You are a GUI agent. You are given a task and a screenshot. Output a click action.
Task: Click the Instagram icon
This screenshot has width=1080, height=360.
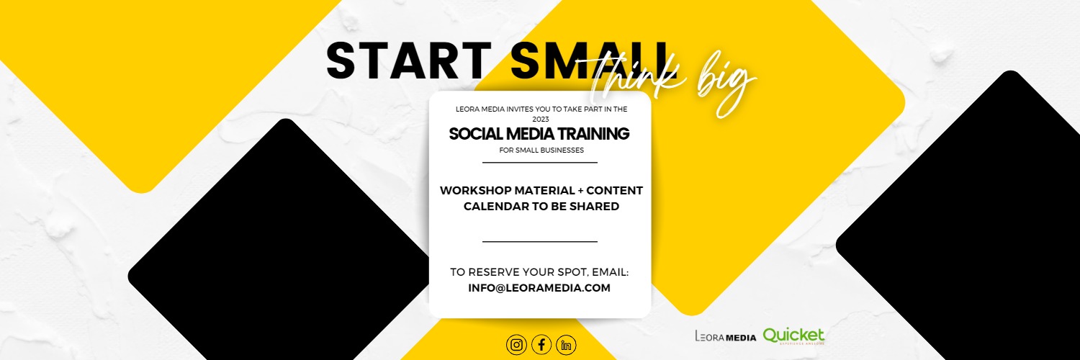tap(516, 345)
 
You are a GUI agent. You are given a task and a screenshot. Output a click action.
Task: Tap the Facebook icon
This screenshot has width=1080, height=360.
tap(541, 345)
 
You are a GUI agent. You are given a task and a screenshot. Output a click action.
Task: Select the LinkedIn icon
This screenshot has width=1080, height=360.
tap(567, 345)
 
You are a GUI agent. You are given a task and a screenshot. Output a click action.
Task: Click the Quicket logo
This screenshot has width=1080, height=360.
tap(793, 336)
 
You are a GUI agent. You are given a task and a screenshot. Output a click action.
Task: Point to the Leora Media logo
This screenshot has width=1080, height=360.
tap(725, 336)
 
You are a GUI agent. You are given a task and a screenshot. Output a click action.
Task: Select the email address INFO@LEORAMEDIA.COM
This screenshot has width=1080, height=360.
tap(539, 288)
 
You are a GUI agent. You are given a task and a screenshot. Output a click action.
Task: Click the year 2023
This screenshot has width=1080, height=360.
tap(540, 119)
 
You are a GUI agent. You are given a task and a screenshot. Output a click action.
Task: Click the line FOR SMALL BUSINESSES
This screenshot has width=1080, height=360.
tap(540, 150)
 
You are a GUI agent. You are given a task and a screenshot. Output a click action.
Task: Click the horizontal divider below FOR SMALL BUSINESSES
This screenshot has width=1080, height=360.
tap(540, 163)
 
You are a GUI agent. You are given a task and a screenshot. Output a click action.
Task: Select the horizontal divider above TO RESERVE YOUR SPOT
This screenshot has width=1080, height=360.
tap(540, 242)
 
